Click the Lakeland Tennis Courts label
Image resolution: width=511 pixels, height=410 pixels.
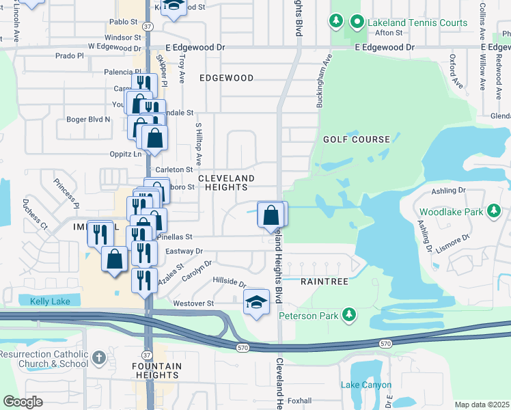coord(417,23)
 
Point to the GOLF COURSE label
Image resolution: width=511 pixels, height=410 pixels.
coord(357,139)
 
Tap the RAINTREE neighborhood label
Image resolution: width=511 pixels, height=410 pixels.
coord(325,282)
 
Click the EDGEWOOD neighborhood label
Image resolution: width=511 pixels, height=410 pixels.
coord(226,79)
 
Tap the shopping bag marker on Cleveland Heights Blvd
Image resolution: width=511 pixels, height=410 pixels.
coord(272,215)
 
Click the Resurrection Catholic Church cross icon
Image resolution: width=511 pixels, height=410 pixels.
coord(98,357)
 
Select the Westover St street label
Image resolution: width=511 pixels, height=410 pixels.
coord(194,303)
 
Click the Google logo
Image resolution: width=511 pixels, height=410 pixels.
coord(23,402)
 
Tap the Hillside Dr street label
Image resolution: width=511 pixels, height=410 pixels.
coord(229,282)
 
